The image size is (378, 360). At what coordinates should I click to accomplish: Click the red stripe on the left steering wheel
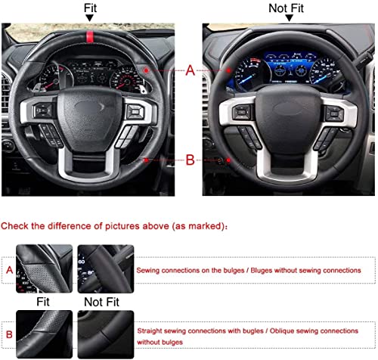click(90, 36)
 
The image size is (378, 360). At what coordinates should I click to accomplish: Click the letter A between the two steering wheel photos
click(189, 70)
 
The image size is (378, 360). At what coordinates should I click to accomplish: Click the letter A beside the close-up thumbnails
click(9, 268)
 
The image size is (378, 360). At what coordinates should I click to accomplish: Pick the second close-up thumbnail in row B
click(104, 334)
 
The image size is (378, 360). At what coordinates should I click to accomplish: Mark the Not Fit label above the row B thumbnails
click(104, 301)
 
